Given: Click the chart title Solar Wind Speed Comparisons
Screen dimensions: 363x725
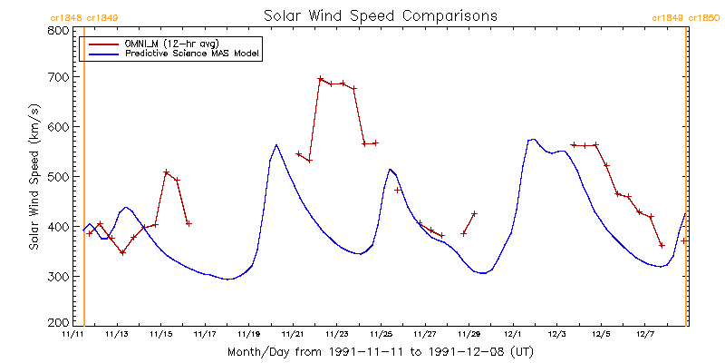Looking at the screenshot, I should pyautogui.click(x=380, y=15).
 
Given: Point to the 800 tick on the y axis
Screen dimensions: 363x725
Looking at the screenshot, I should pyautogui.click(x=59, y=30).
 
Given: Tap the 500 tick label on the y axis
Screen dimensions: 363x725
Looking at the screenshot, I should pyautogui.click(x=59, y=177).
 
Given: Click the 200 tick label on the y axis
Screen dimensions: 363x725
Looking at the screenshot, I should pyautogui.click(x=59, y=322).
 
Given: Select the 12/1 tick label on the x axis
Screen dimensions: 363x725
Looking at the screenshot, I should pyautogui.click(x=513, y=334).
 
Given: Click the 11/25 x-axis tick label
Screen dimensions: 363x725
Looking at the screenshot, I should pyautogui.click(x=381, y=334).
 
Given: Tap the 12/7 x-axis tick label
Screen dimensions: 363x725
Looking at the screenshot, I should pyautogui.click(x=644, y=334).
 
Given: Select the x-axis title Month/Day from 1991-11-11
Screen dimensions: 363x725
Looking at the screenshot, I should pyautogui.click(x=380, y=350).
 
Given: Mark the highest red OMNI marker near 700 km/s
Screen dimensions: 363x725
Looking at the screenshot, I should pyautogui.click(x=321, y=79).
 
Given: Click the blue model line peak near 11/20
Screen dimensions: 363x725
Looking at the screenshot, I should pyautogui.click(x=276, y=144).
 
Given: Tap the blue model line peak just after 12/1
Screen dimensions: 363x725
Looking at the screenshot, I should pyautogui.click(x=533, y=140).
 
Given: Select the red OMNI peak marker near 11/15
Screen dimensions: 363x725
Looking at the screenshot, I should pyautogui.click(x=166, y=172).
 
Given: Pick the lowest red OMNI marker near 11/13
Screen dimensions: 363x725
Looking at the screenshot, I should pyautogui.click(x=122, y=252).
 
